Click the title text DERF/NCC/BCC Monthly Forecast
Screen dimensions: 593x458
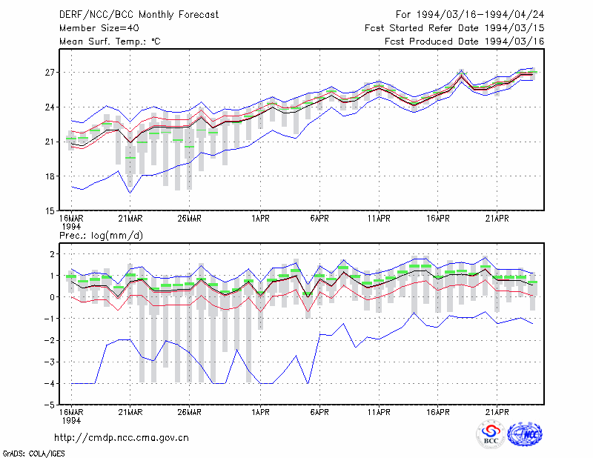pos(139,15)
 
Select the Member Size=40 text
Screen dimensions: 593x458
pos(99,28)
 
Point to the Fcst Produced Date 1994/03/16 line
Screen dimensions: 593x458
pos(465,42)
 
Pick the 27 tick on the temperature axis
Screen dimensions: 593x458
pos(50,72)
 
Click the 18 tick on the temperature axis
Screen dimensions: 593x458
pos(50,176)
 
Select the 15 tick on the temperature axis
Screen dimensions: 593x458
pos(50,211)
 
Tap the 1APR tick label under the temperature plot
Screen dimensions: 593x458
pos(261,219)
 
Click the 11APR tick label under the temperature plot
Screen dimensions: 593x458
pos(379,219)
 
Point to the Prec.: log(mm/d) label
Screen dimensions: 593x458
pos(101,236)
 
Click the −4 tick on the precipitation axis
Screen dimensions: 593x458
pos(50,383)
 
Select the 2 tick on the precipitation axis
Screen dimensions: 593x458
pos(52,253)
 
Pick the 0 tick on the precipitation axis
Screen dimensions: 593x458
pos(52,297)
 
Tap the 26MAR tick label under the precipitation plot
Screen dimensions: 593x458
pos(190,412)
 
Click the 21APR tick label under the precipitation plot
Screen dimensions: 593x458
pos(497,412)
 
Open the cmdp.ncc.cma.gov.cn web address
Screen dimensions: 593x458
pos(122,438)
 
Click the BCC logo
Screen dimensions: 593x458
pos(491,434)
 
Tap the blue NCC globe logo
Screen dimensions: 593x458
pos(525,434)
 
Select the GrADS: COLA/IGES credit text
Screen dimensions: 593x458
pos(33,454)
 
